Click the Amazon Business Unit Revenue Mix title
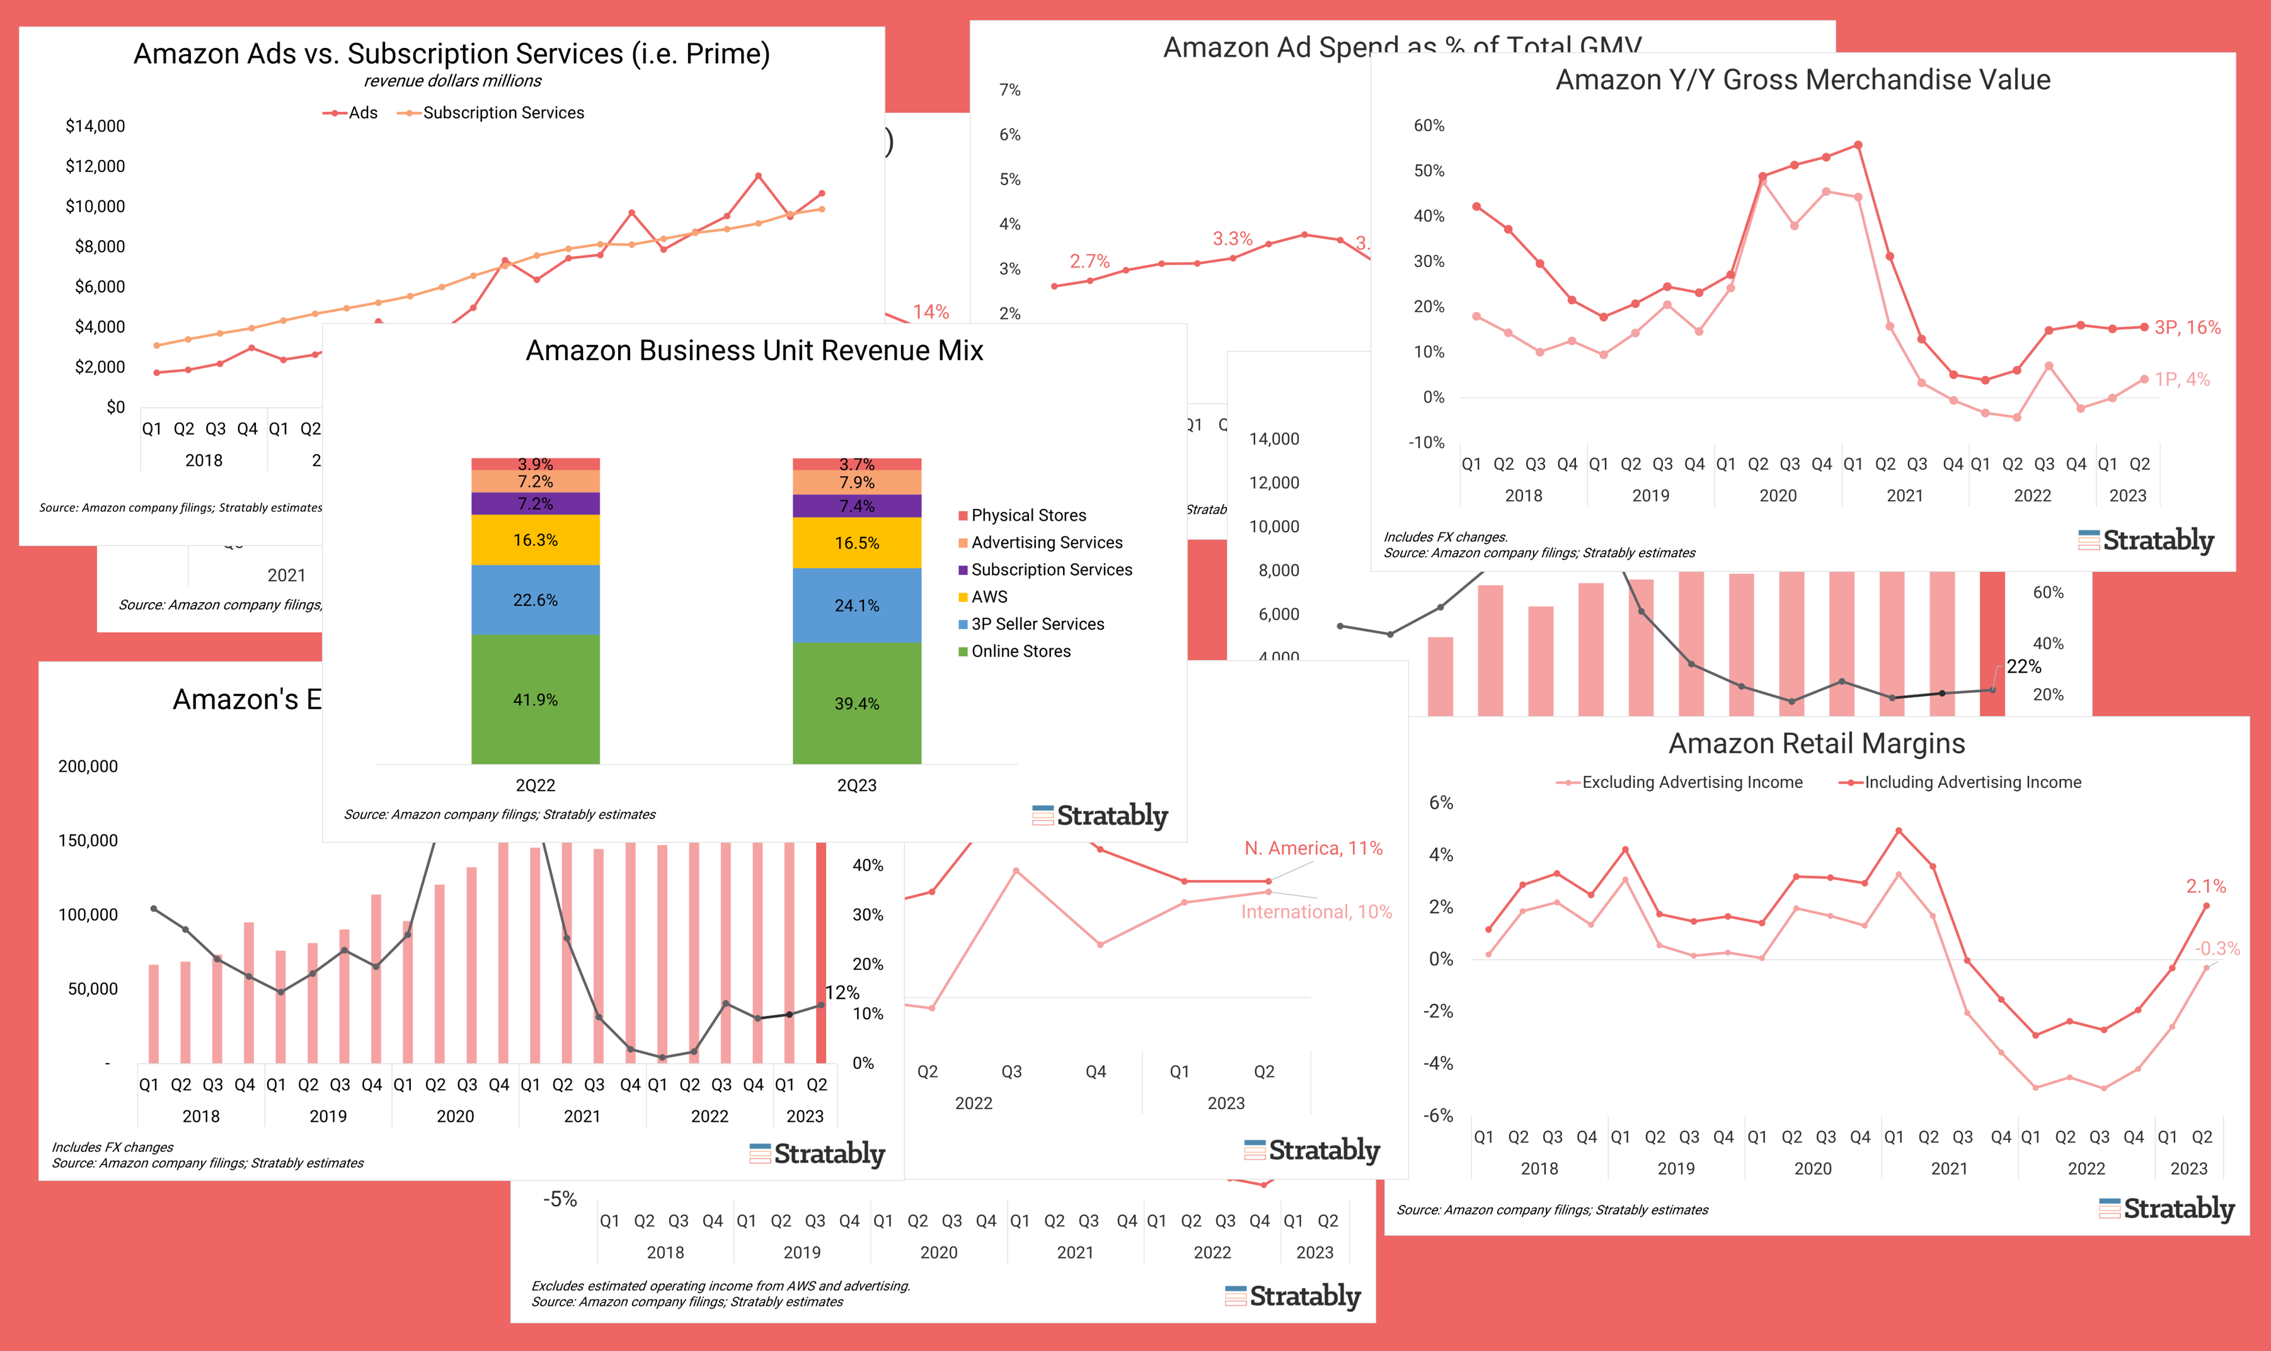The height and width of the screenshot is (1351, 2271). pyautogui.click(x=754, y=350)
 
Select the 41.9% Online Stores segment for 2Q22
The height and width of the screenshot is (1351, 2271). pyautogui.click(x=536, y=699)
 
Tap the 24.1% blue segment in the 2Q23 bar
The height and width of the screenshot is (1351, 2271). pyautogui.click(x=857, y=605)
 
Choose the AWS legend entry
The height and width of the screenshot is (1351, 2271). pyautogui.click(x=989, y=597)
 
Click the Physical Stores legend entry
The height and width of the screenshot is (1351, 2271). pyautogui.click(x=1028, y=515)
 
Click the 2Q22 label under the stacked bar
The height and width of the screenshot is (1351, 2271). pyautogui.click(x=536, y=785)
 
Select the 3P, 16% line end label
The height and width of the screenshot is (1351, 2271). pyautogui.click(x=2187, y=328)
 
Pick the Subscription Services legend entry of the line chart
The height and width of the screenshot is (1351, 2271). pyautogui.click(x=503, y=113)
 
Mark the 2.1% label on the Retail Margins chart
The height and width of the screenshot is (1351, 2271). pyautogui.click(x=2205, y=886)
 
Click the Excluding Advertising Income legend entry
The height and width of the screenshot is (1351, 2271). pyautogui.click(x=1691, y=782)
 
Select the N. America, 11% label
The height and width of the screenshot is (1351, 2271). pyautogui.click(x=1313, y=848)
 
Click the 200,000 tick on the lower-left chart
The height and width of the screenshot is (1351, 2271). pyautogui.click(x=88, y=767)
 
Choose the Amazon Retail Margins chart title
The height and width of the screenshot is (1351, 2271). pyautogui.click(x=1817, y=744)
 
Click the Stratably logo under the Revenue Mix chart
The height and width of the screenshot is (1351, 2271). pyautogui.click(x=1100, y=816)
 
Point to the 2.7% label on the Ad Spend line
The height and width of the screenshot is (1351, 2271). pyautogui.click(x=1089, y=261)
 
